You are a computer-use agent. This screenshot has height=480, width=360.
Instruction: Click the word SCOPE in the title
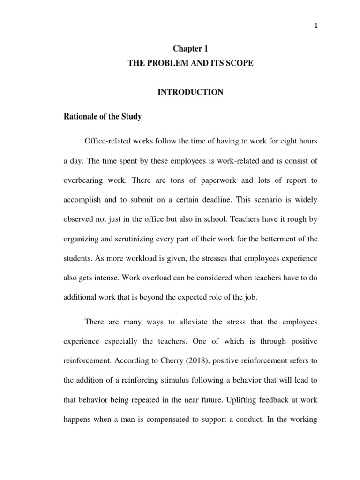coord(237,63)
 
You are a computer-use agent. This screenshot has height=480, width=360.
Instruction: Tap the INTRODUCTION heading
coord(190,92)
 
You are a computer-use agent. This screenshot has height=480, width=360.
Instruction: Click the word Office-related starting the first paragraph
coord(108,142)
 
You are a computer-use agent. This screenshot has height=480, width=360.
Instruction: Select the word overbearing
coord(84,180)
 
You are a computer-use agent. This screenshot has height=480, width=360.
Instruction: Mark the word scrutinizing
coord(143,239)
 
